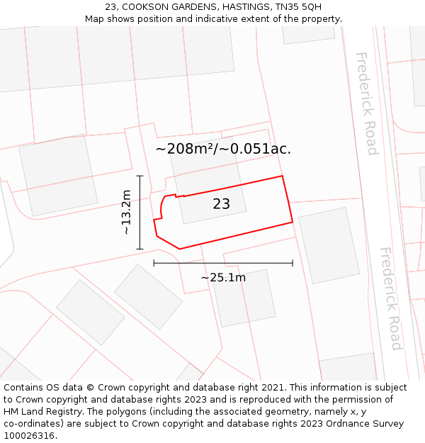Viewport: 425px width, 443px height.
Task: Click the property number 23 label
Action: point(221,204)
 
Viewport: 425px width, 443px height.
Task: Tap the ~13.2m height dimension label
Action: point(126,212)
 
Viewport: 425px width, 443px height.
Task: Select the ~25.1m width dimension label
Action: point(223,277)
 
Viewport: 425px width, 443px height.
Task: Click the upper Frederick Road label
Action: point(367,103)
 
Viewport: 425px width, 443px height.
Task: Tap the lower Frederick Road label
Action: point(391,298)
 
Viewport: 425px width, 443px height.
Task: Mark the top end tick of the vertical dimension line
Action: point(140,176)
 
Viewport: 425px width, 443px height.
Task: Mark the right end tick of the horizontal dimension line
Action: point(293,263)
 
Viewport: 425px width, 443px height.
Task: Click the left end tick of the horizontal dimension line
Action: point(154,263)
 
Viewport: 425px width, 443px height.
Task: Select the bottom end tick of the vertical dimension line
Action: point(140,249)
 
